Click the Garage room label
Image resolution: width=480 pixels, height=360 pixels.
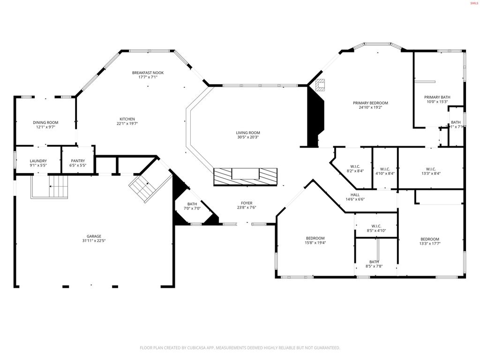coord(94,236)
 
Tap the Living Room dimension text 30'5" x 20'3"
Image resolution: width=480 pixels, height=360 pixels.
coord(247,137)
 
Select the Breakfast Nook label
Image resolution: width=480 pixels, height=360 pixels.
coord(148,73)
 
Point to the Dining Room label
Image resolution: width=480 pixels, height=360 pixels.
coord(45,122)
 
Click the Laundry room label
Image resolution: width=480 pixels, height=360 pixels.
coord(38,161)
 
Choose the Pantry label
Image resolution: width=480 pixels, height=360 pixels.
coord(78,161)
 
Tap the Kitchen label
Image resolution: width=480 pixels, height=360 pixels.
coord(127,119)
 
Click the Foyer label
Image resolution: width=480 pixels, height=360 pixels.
coord(247,203)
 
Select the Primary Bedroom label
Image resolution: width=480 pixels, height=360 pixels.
coord(370,103)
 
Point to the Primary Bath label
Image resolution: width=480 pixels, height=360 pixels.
coord(437,97)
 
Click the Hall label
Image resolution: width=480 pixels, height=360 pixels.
coord(355,195)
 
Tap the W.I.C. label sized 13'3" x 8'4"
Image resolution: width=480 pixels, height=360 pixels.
coord(431,169)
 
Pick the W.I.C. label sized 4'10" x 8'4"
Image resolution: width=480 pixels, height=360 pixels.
coord(385,169)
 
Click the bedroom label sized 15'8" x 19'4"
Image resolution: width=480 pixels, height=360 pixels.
coord(315,238)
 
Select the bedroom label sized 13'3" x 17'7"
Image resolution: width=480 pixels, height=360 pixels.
coord(429,239)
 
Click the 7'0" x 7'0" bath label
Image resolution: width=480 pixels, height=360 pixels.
coord(192,204)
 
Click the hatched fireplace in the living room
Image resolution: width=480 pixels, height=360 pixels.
coord(245,176)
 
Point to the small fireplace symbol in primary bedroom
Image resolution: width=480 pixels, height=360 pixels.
coord(320,85)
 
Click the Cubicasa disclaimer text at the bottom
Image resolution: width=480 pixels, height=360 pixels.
coord(240,348)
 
